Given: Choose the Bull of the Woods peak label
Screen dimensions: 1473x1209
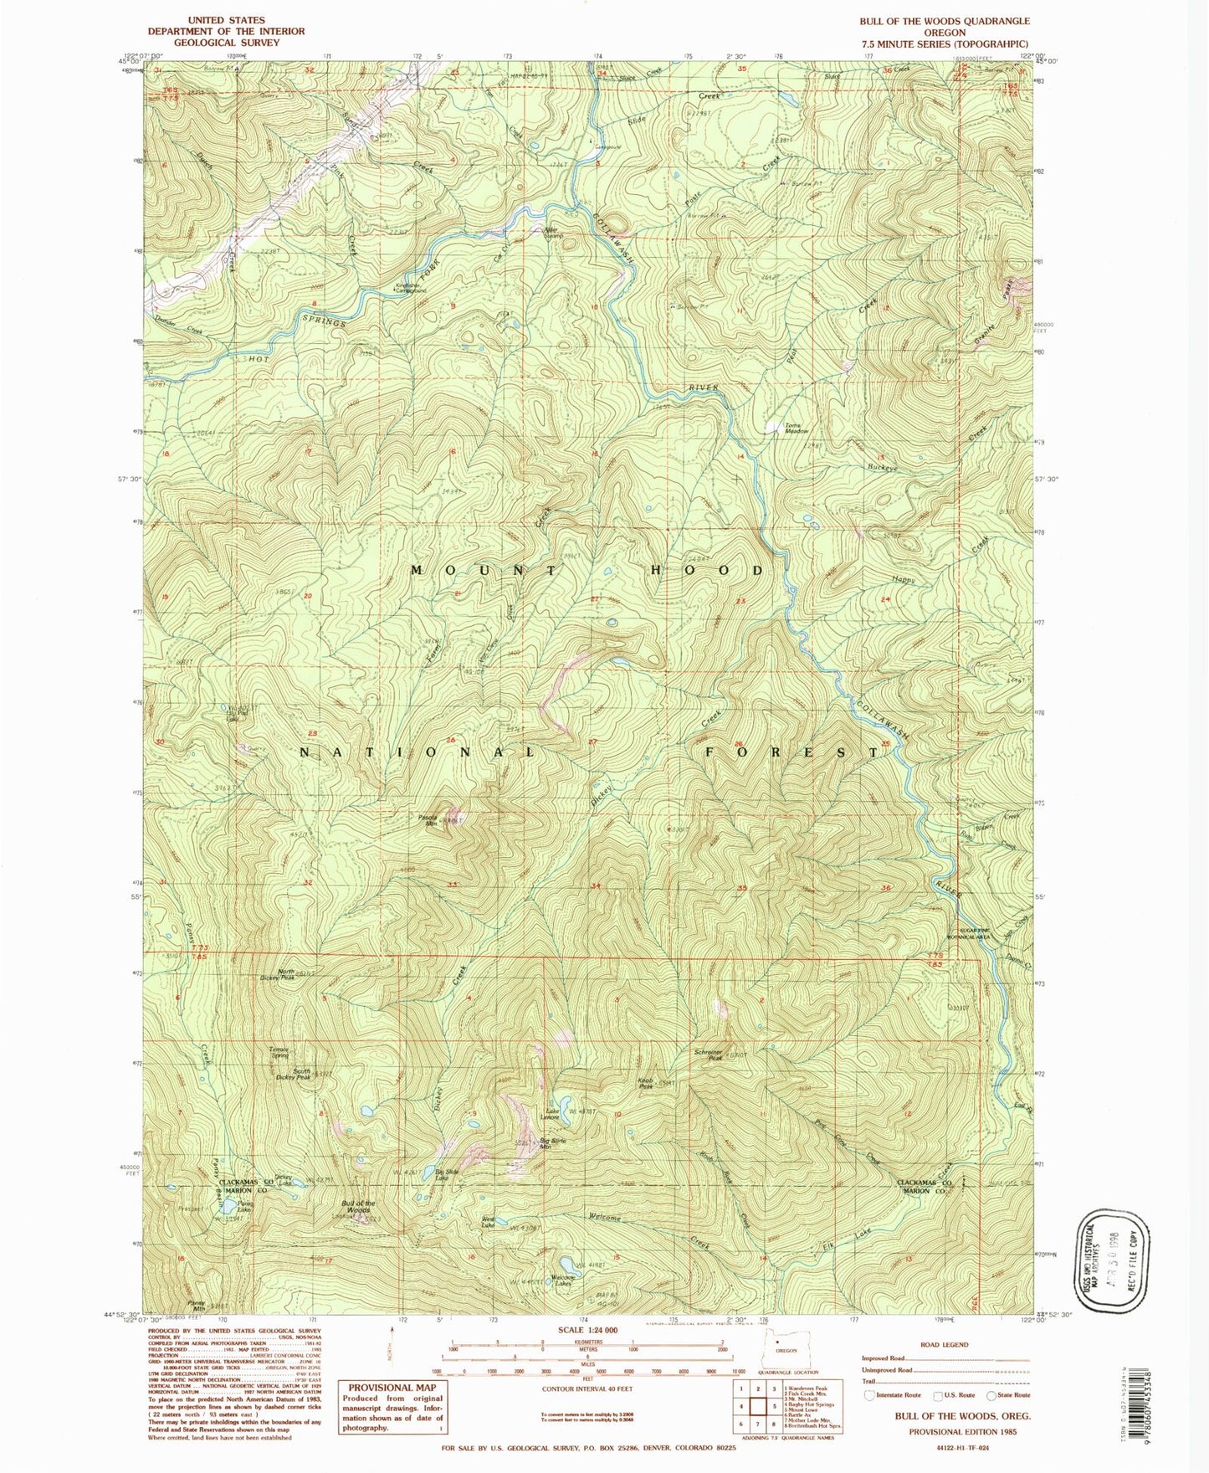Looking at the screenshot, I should [x=357, y=1207].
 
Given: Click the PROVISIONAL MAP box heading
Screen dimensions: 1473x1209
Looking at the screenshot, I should [x=392, y=1387].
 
